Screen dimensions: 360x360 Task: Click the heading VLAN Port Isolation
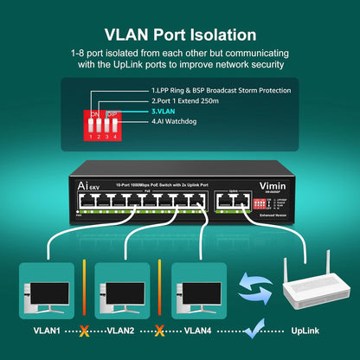tap(179, 35)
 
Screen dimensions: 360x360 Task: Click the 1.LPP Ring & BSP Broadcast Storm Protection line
tap(220, 89)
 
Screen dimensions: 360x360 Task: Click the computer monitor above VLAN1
tap(49, 288)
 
